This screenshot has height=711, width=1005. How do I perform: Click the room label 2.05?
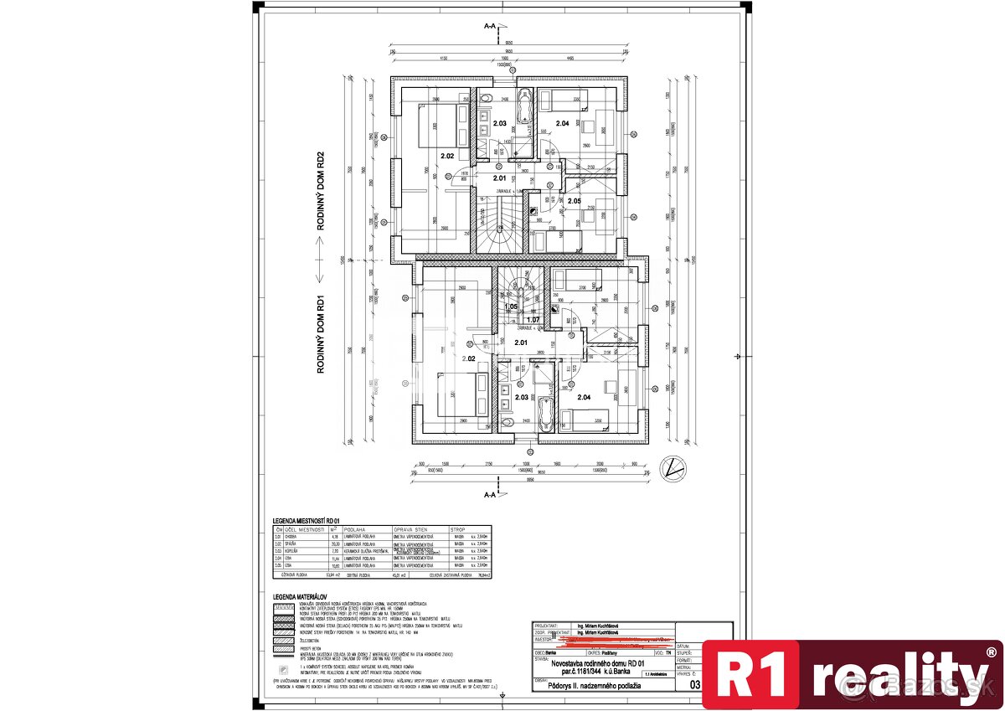(575, 201)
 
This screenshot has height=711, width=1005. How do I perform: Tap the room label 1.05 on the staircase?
(511, 307)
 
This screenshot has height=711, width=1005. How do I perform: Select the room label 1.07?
(533, 319)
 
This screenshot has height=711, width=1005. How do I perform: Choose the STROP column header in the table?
(458, 528)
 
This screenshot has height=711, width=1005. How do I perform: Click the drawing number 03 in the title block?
(694, 685)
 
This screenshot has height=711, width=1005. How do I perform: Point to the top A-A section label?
(490, 26)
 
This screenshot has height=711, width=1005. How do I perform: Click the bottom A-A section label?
(490, 494)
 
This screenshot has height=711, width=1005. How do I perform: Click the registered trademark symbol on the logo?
(992, 652)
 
